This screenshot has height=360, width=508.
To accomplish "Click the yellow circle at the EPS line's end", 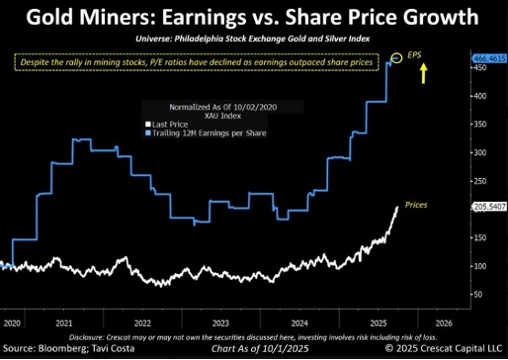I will tap(396, 58).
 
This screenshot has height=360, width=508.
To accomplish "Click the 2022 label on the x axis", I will tap(143, 322).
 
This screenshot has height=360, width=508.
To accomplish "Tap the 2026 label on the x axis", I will tap(443, 322).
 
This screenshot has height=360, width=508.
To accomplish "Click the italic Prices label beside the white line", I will tap(416, 204).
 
